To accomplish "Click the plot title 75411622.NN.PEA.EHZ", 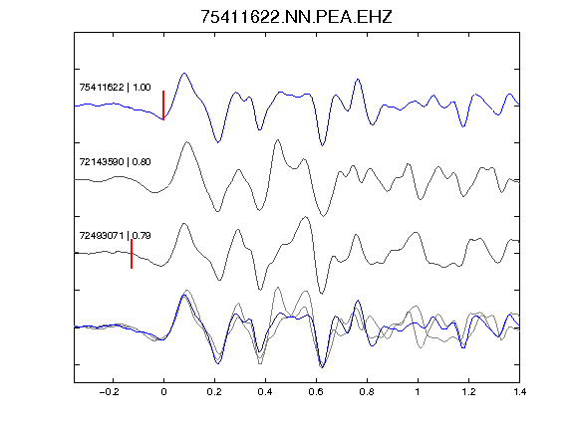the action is [x=296, y=17].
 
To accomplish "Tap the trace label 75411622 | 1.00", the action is [x=115, y=87].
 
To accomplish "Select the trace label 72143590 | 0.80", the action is [x=115, y=161].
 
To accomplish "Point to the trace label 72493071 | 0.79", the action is [x=115, y=236].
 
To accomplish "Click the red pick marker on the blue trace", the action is [x=163, y=106].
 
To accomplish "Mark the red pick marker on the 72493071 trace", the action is [x=132, y=254].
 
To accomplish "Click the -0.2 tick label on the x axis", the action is [x=110, y=392].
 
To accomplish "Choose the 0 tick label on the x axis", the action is [x=163, y=392].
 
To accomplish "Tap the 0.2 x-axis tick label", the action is [x=214, y=392].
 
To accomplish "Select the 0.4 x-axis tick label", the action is [x=265, y=392].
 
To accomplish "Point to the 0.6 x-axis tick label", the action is [x=316, y=392].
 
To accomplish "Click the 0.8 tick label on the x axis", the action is [x=367, y=392].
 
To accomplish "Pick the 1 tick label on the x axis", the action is [x=418, y=392].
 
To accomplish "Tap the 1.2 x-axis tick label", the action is [x=468, y=392].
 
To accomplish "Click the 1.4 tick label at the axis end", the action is [x=520, y=392].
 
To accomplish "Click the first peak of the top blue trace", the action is [x=184, y=73].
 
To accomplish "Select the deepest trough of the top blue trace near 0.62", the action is [x=322, y=145].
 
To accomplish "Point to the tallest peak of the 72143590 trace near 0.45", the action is [x=277, y=139].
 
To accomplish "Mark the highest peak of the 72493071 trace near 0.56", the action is [x=306, y=217].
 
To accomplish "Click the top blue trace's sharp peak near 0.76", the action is [x=358, y=79].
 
